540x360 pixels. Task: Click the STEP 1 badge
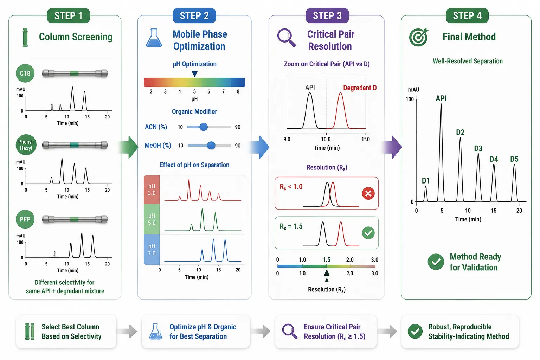tap(69, 16)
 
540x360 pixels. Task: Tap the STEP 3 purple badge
tap(327, 16)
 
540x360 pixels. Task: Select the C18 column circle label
tap(25, 73)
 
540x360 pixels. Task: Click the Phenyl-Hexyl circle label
tap(26, 145)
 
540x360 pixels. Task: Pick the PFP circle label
tap(25, 219)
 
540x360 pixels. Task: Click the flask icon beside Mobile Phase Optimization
tap(154, 38)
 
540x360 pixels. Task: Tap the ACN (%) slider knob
tap(204, 127)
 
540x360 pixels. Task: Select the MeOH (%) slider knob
tap(211, 145)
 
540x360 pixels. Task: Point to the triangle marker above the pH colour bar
tap(194, 74)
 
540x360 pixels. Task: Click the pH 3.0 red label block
tap(152, 189)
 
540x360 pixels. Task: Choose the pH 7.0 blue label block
tap(152, 250)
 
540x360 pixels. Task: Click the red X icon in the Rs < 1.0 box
tap(368, 193)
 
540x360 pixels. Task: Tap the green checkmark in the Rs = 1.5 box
tap(368, 233)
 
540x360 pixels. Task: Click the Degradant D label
tap(360, 88)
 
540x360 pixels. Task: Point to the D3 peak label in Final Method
tap(478, 148)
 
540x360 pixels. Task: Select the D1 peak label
tap(426, 181)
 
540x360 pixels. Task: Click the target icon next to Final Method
tap(418, 37)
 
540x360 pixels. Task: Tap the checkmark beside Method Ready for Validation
tap(436, 262)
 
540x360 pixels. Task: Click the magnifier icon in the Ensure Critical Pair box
tap(290, 331)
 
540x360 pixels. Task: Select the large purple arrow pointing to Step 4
tap(392, 147)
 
